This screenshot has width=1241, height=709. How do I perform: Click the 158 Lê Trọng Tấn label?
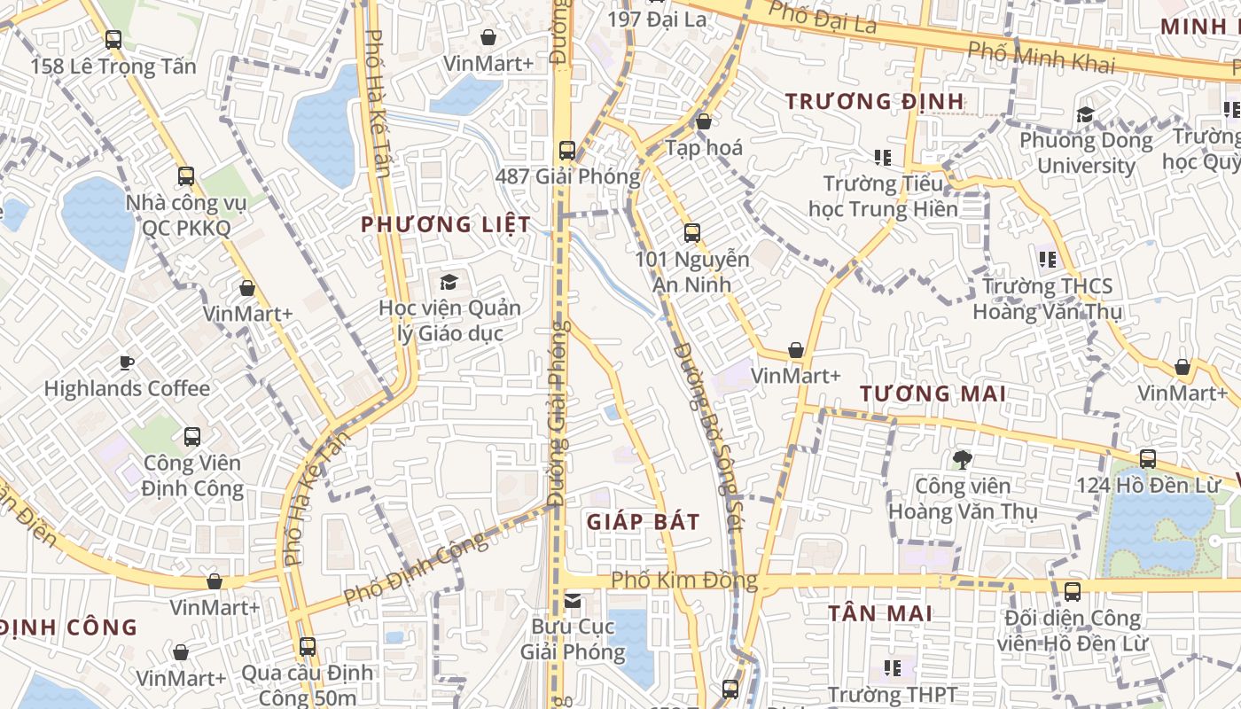point(113,66)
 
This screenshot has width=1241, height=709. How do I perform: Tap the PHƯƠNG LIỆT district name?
point(446,225)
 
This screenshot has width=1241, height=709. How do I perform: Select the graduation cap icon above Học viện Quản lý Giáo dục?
point(449,282)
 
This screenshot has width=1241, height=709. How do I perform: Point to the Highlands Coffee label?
point(127,388)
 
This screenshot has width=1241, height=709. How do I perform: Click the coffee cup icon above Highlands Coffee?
point(127,362)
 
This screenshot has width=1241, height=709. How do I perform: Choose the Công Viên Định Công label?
point(193,476)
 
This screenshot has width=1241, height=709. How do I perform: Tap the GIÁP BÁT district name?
point(644,522)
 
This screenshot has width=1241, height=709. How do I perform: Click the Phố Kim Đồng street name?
point(684,581)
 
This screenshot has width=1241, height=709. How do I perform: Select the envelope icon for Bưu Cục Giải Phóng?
point(573,602)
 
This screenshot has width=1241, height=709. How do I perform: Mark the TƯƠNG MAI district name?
point(933,393)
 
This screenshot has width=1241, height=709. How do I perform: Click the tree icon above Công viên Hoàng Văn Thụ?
point(962,459)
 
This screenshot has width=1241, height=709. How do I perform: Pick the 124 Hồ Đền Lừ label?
point(1148,486)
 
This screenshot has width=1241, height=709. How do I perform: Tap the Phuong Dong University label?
point(1086,153)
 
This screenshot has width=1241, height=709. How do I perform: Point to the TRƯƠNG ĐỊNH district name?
point(875,102)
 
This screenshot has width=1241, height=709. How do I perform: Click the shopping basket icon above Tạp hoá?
point(704,121)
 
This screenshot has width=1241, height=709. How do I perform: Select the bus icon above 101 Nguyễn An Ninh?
point(692,233)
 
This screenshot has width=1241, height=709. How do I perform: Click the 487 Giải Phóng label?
point(567,176)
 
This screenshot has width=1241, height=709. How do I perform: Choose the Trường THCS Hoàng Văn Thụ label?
point(1047,300)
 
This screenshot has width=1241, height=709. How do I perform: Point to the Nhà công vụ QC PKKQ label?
point(186,215)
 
